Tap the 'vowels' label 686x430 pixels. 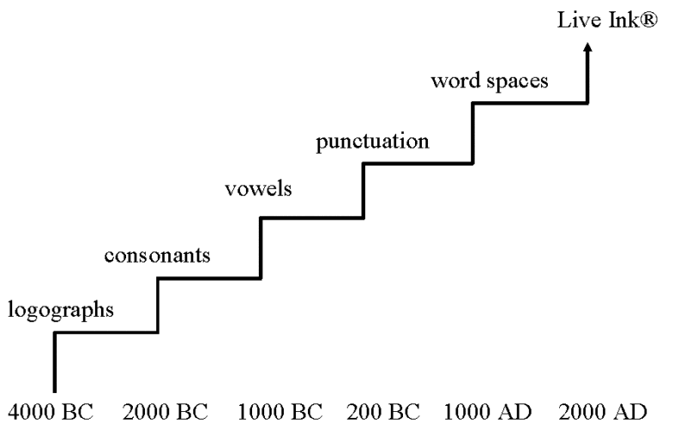click(x=258, y=191)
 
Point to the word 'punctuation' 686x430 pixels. click(x=373, y=141)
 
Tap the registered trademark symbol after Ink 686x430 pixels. click(x=649, y=18)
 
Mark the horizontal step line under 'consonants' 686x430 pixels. click(x=209, y=278)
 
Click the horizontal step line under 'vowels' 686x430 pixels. click(x=313, y=218)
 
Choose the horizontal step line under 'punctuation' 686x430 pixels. click(x=418, y=162)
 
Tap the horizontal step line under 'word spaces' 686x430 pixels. click(x=530, y=104)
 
